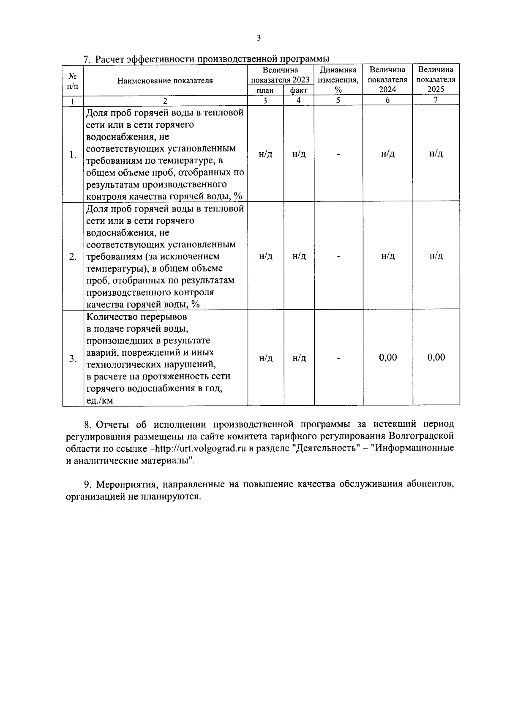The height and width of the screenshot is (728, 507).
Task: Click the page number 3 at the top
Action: pyautogui.click(x=259, y=38)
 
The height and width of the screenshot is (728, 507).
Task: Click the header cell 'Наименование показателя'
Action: pyautogui.click(x=165, y=80)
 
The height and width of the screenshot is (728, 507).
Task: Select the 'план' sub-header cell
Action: pyautogui.click(x=265, y=90)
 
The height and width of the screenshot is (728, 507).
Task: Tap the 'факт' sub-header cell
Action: pyautogui.click(x=299, y=90)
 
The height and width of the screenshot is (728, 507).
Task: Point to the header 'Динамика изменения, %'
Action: pyautogui.click(x=338, y=80)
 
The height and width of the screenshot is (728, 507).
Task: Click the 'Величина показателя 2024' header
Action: pyautogui.click(x=387, y=80)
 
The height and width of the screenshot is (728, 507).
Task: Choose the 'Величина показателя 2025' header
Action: pyautogui.click(x=436, y=80)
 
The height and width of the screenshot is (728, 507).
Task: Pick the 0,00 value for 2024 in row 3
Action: pyautogui.click(x=388, y=357)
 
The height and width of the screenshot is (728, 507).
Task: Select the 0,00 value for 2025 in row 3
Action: pyautogui.click(x=436, y=357)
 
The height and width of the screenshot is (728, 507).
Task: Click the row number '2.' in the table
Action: pyautogui.click(x=73, y=257)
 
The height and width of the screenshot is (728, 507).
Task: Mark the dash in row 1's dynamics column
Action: pyautogui.click(x=338, y=154)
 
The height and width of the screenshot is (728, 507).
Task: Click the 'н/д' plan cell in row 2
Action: pyautogui.click(x=265, y=256)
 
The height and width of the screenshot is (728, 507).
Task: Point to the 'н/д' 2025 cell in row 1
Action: pyautogui.click(x=436, y=154)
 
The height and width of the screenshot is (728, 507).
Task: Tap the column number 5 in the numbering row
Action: pyautogui.click(x=338, y=100)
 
